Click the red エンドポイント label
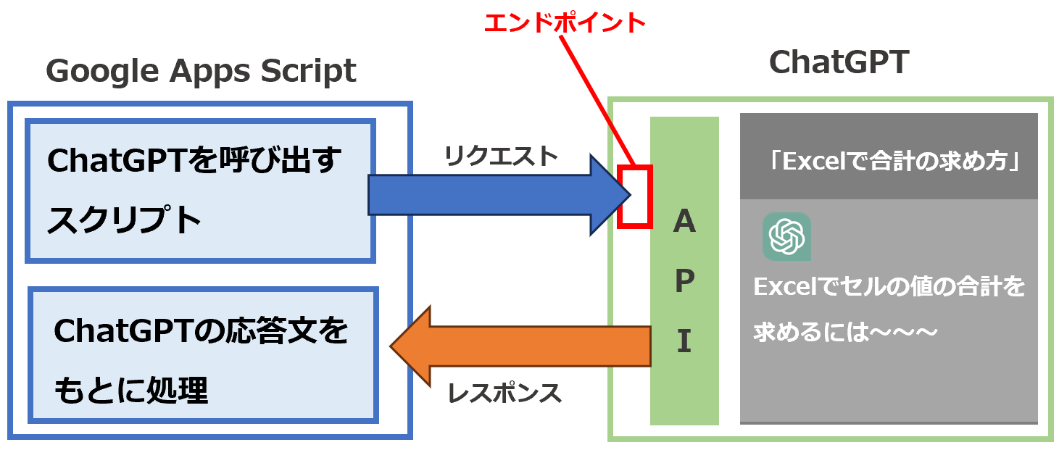click(x=565, y=22)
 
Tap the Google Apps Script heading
click(x=201, y=71)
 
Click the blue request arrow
click(x=499, y=195)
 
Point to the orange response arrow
click(x=520, y=346)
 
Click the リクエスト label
click(x=501, y=156)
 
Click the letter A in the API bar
click(x=684, y=221)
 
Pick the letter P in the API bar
click(x=685, y=280)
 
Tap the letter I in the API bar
click(x=684, y=341)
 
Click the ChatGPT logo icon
click(x=786, y=236)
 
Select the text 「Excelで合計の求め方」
click(x=893, y=161)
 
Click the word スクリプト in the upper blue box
click(x=125, y=220)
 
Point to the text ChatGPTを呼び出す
click(x=194, y=159)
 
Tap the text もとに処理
click(x=131, y=391)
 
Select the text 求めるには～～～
click(x=845, y=332)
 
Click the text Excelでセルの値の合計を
click(x=889, y=286)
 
